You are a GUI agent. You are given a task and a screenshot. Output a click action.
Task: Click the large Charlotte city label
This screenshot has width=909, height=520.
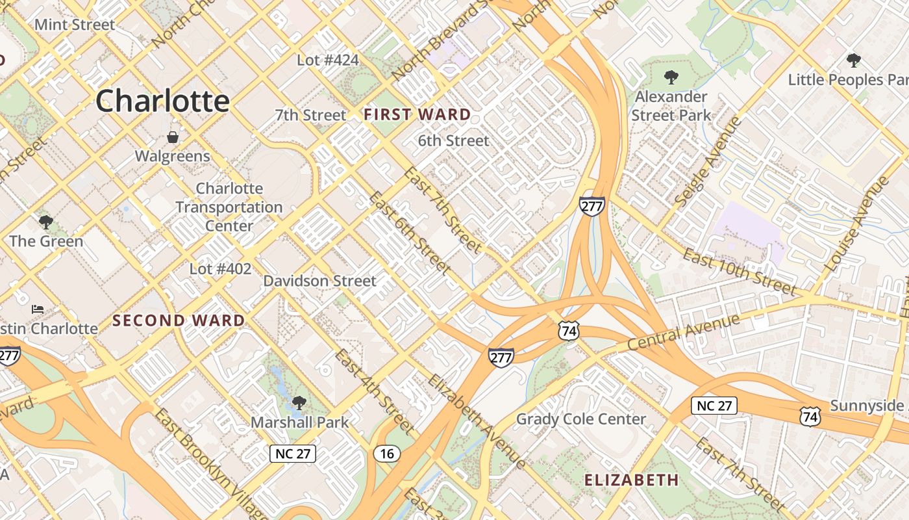162,101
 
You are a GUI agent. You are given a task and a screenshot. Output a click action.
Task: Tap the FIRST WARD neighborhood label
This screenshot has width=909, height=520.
417,115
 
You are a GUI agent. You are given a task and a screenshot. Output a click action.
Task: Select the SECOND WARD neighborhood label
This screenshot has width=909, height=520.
179,320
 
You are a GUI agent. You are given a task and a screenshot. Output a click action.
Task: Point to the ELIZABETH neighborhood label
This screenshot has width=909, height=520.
631,480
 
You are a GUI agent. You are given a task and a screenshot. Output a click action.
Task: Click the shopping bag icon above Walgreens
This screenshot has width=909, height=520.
173,137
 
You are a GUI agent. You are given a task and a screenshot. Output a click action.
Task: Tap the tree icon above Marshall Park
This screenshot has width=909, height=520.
299,403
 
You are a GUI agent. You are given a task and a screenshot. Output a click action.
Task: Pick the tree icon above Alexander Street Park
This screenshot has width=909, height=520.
671,77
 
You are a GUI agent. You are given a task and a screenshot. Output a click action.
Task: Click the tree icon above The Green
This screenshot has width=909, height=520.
45,222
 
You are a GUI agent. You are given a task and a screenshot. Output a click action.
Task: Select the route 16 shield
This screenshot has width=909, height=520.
386,454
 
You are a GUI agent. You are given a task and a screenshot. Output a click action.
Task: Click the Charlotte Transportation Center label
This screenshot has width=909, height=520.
229,207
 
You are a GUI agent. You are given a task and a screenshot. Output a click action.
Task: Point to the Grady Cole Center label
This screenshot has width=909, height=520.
581,419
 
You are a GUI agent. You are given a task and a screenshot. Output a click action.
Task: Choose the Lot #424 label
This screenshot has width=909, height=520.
328,60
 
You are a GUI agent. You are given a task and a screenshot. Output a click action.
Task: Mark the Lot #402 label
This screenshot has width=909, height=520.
220,268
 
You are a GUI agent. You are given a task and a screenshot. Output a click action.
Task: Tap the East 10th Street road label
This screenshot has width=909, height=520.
739,271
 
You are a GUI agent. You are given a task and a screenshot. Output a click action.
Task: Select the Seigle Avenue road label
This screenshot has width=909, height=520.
708,162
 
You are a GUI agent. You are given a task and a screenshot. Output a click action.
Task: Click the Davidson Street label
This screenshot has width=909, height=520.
319,281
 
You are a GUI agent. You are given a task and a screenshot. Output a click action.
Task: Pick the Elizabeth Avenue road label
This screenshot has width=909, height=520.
477,421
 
